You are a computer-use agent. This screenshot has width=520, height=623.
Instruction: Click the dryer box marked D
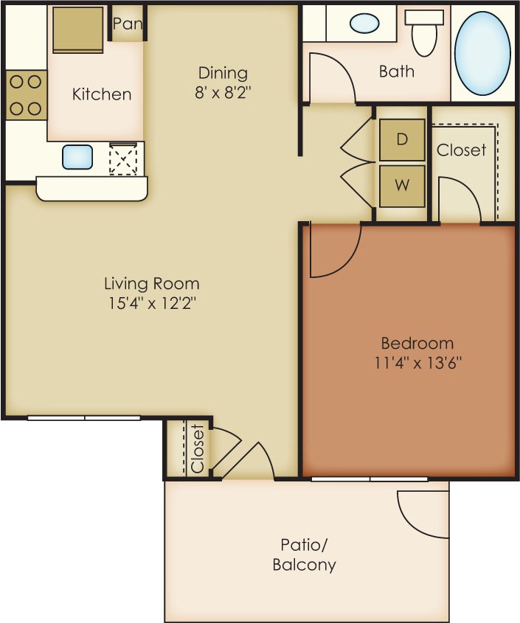tap(402, 139)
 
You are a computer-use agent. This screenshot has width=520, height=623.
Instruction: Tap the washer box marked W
tap(402, 186)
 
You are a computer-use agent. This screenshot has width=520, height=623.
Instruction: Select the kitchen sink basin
tap(77, 157)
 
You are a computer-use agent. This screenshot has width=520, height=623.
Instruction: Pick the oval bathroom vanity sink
tap(364, 23)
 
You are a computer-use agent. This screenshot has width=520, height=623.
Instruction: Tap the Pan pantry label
tap(127, 24)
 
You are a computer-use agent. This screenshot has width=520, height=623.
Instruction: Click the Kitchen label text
tap(102, 94)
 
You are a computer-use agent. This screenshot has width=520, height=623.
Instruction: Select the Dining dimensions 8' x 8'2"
tap(223, 93)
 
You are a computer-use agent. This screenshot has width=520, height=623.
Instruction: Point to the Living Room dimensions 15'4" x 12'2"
tap(153, 304)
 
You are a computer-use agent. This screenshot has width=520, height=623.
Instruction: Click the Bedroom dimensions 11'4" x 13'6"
tap(417, 363)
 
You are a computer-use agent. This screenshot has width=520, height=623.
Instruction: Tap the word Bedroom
tap(417, 343)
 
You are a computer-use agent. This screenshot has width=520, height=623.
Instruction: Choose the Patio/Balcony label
tap(304, 554)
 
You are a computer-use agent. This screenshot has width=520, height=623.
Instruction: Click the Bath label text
tap(397, 72)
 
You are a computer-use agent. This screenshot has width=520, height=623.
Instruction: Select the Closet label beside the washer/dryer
tap(461, 150)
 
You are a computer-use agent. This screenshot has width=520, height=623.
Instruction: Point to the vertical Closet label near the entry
tap(198, 449)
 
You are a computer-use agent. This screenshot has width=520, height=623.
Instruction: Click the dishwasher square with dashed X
tap(123, 158)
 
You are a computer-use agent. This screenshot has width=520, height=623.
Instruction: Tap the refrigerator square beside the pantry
tap(78, 29)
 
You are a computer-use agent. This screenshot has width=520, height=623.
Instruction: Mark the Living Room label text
tap(152, 284)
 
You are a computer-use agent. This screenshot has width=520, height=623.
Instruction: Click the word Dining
tap(223, 73)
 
